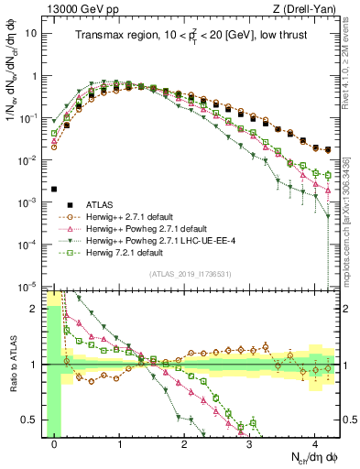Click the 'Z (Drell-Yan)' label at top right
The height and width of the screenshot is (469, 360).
(309, 6)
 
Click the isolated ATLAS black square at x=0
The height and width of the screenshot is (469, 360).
(55, 190)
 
